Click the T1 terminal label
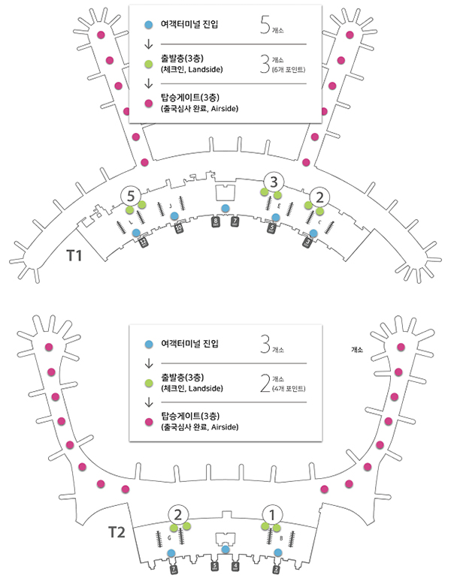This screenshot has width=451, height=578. (x=74, y=255)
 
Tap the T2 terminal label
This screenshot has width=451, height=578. (x=115, y=533)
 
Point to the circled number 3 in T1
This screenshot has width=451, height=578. (x=274, y=181)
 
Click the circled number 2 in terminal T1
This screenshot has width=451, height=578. (x=320, y=197)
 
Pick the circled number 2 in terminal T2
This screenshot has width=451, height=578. (x=178, y=514)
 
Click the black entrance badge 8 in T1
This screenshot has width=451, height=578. (x=216, y=221)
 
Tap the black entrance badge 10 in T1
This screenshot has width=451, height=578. (x=179, y=230)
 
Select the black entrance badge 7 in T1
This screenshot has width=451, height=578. (x=235, y=221)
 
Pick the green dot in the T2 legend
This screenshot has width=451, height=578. (x=148, y=382)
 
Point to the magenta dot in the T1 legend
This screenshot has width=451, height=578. (x=148, y=104)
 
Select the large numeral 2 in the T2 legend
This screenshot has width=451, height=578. (x=263, y=384)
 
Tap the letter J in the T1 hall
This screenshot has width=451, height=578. (x=171, y=205)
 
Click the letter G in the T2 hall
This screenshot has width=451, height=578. (x=170, y=538)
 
